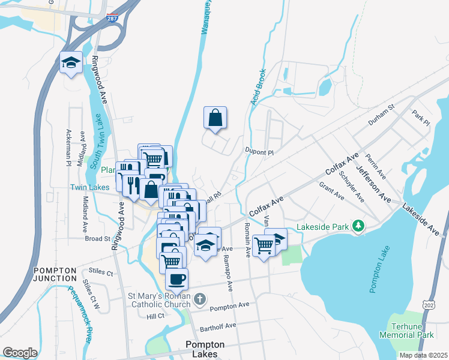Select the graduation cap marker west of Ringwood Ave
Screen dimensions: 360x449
71,63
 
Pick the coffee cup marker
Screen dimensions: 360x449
176,279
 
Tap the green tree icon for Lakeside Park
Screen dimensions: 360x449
358,225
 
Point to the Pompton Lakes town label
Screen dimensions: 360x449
205,349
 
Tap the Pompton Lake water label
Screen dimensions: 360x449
381,275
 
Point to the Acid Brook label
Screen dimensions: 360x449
258,89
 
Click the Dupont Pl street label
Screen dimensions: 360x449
259,152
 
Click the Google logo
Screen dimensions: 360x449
20,352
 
